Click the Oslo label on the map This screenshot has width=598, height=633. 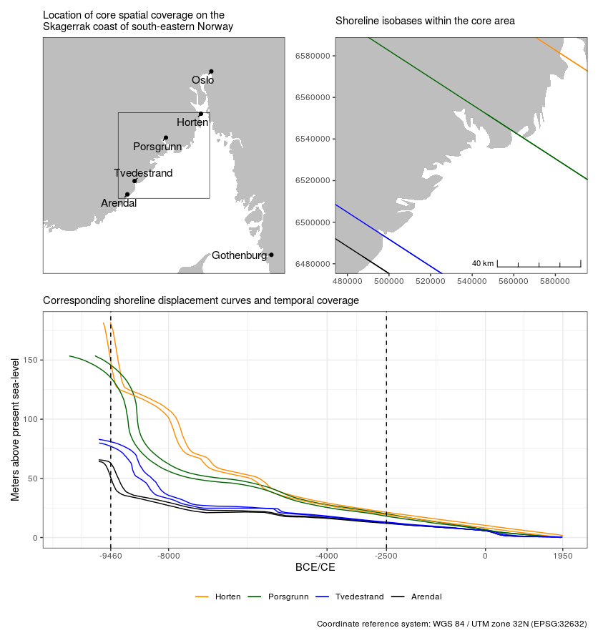pos(202,80)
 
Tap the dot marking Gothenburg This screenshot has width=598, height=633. pos(271,255)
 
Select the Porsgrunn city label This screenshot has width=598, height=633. pos(157,147)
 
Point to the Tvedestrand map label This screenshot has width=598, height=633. pos(143,173)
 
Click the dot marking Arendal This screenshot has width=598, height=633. pos(127,195)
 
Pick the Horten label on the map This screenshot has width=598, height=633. pos(192,122)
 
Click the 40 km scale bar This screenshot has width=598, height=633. pos(539,265)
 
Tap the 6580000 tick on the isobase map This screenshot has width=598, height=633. pos(311,56)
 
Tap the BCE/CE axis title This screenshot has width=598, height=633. pos(315,568)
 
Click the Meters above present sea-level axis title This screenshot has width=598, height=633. pos(15,430)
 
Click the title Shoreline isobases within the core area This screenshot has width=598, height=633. pos(425,21)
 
